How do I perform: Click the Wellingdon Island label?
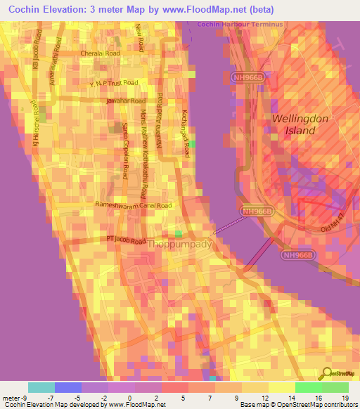click(300, 124)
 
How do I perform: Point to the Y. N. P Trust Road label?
click(113, 83)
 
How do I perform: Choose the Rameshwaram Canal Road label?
click(133, 206)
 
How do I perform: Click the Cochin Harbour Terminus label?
click(240, 25)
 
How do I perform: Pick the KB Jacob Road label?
click(35, 48)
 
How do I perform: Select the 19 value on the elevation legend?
click(345, 398)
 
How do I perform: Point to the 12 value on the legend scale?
click(264, 398)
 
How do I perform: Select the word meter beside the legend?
click(11, 398)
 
